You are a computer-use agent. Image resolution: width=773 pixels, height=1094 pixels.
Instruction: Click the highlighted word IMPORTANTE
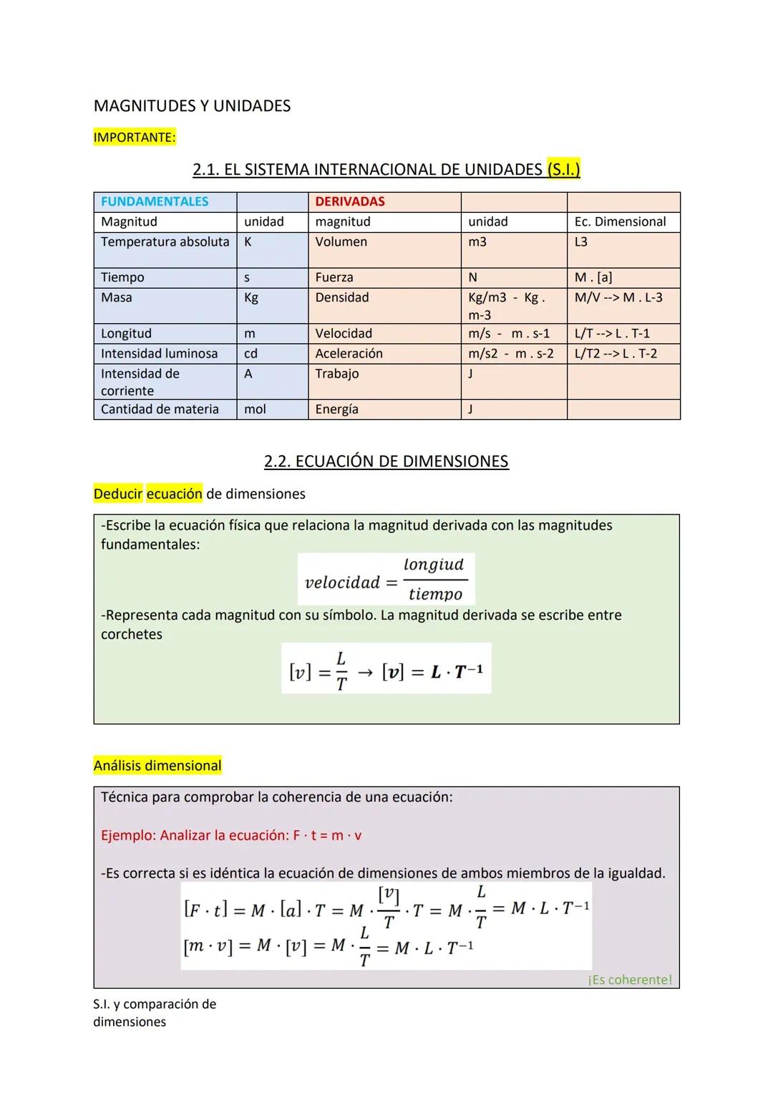[x=134, y=138]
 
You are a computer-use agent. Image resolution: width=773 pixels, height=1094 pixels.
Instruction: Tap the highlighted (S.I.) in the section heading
[x=563, y=170]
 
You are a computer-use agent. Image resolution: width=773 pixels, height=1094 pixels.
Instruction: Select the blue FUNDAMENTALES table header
[x=155, y=202]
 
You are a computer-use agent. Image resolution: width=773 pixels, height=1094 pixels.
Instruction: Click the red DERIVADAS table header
[x=350, y=202]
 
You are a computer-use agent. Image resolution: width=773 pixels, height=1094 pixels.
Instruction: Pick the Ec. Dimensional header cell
[x=620, y=222]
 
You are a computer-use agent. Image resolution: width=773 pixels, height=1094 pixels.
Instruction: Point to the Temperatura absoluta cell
[x=165, y=242]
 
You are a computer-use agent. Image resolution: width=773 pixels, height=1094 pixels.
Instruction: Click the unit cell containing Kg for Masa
[x=251, y=297]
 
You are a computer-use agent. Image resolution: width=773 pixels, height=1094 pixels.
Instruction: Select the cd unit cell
[x=251, y=354]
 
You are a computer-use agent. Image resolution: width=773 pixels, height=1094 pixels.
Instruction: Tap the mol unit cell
[x=255, y=409]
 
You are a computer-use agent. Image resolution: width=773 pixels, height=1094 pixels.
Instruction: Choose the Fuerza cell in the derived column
[x=334, y=277]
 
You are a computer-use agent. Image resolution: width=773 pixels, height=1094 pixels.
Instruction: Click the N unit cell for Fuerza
[x=472, y=277]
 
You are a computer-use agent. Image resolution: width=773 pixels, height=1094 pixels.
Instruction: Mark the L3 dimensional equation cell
[x=581, y=242]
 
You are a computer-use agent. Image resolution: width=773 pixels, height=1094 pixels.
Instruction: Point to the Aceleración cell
[x=349, y=354]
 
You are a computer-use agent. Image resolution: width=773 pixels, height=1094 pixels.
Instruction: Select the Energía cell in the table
[x=336, y=409]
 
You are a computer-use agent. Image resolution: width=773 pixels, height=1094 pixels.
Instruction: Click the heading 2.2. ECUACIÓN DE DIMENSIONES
[x=386, y=461]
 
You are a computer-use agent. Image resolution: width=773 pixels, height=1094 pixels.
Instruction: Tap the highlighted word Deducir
[x=118, y=494]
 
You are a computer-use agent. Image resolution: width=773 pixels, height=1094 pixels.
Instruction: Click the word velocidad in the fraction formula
[x=342, y=582]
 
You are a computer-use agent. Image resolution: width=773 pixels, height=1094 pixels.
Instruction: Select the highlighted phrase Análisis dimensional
[x=157, y=766]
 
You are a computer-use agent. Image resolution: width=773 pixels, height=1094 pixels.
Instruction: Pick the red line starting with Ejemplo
[x=231, y=835]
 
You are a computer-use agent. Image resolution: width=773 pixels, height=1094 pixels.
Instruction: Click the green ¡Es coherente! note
[x=630, y=979]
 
